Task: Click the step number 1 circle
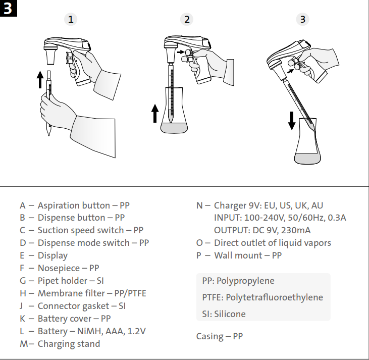(x=71, y=19)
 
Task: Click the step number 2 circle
(x=187, y=19)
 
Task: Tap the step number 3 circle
(x=302, y=19)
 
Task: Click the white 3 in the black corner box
(x=9, y=9)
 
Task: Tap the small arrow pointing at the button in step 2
(x=180, y=52)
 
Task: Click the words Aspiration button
(x=74, y=205)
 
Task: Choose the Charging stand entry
(x=69, y=344)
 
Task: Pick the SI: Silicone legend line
(x=224, y=314)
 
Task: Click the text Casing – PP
(x=219, y=336)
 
